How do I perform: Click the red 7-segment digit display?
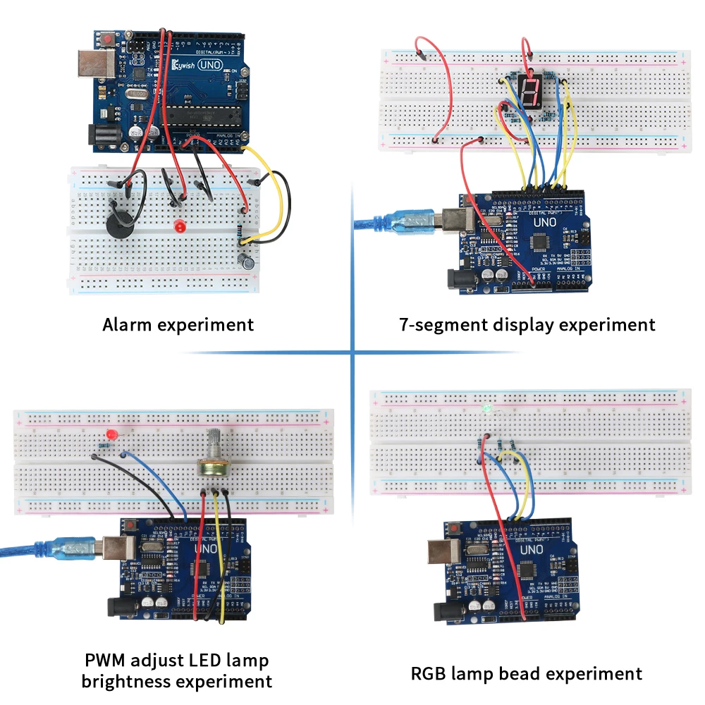[529, 91]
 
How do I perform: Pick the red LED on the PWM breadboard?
[110, 434]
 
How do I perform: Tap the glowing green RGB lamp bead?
[486, 409]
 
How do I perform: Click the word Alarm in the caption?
[126, 325]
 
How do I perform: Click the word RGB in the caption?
[431, 673]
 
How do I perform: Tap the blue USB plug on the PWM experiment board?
[73, 548]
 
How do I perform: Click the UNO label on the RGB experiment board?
[532, 550]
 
